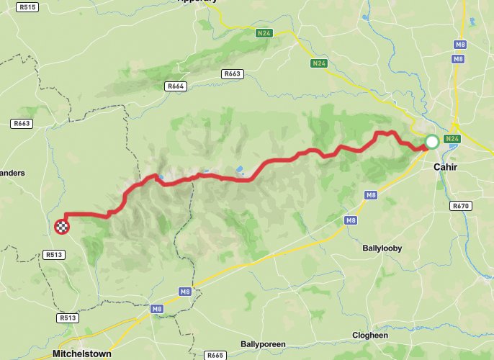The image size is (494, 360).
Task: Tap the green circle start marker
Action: (x=431, y=142)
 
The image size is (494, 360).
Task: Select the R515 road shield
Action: (x=28, y=7)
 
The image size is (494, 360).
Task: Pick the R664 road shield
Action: (x=176, y=86)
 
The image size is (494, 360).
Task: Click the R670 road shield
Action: (x=460, y=206)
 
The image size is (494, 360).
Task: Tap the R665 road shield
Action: (x=215, y=356)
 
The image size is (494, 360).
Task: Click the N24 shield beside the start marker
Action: (x=452, y=138)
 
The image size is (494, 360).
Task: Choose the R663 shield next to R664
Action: (x=232, y=73)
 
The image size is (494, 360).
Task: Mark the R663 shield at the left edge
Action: (x=22, y=124)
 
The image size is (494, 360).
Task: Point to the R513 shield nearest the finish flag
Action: (x=54, y=254)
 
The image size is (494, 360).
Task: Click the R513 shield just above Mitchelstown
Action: (x=68, y=317)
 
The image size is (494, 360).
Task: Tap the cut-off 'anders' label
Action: (x=12, y=173)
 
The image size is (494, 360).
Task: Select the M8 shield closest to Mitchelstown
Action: (x=157, y=309)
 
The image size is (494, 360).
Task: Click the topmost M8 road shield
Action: (x=459, y=45)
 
